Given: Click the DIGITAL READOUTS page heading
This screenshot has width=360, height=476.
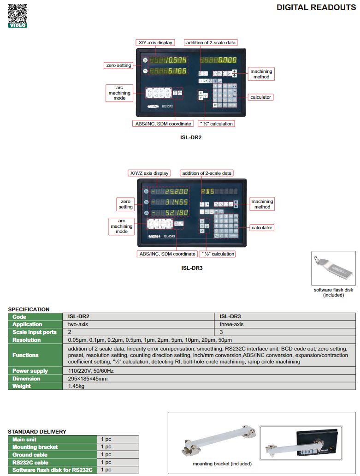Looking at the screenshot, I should (x=316, y=7).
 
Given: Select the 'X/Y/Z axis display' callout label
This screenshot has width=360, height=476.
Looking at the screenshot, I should (x=149, y=173).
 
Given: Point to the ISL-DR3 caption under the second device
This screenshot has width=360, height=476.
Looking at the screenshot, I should (x=191, y=268).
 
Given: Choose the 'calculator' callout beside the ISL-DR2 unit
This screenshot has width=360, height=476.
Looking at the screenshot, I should (x=261, y=97).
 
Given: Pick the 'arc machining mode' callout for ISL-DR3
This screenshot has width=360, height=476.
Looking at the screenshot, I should (x=121, y=226).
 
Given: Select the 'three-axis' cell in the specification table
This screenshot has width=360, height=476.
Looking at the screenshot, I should (x=231, y=324).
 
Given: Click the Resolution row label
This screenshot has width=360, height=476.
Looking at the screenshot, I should (x=27, y=340).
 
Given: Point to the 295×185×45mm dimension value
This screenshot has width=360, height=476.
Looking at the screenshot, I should (x=88, y=378).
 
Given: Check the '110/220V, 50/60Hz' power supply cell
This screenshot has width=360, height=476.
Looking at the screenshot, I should (x=91, y=370).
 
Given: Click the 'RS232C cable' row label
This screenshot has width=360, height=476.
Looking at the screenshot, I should (x=30, y=462).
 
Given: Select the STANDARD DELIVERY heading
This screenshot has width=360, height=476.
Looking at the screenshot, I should (x=37, y=432).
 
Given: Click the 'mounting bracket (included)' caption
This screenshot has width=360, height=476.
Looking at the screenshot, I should (x=222, y=464).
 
